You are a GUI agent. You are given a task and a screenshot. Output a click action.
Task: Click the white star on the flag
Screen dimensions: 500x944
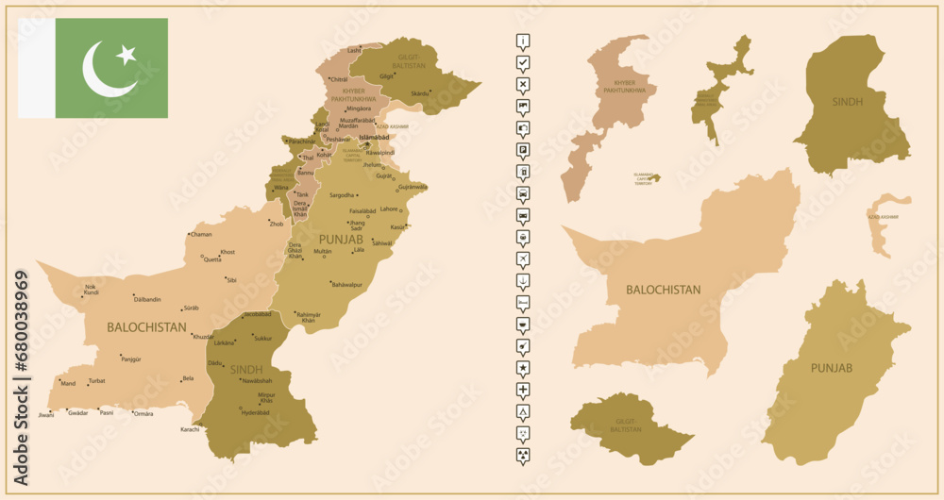[x=126, y=56]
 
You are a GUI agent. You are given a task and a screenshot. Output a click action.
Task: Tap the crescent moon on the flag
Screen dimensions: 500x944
[x=105, y=71]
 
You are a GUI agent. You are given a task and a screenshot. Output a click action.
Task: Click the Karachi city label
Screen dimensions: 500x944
[x=190, y=429]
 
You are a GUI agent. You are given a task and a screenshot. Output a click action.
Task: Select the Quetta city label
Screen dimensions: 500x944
[x=212, y=259]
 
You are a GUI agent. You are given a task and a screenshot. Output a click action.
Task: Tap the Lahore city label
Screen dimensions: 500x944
[x=388, y=208]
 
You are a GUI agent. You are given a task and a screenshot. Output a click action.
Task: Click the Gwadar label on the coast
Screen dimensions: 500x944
[x=79, y=412]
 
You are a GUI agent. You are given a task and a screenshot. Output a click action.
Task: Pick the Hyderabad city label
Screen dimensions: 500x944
[x=256, y=412]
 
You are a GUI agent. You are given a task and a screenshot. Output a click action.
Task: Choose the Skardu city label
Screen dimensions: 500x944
[x=420, y=93]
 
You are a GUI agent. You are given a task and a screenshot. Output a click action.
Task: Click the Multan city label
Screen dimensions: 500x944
[x=323, y=252]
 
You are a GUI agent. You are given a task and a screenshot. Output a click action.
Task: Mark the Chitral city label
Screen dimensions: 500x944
[x=340, y=79]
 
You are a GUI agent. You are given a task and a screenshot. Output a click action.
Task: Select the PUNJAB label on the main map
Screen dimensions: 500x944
[x=341, y=239]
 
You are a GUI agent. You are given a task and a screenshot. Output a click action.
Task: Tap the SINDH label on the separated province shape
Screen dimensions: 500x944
[x=847, y=101]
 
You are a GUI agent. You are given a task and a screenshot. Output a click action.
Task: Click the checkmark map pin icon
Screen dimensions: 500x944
[x=523, y=62]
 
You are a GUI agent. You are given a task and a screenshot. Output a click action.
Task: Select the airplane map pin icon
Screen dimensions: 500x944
[x=523, y=258]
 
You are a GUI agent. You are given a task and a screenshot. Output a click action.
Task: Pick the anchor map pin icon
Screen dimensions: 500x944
[x=523, y=279]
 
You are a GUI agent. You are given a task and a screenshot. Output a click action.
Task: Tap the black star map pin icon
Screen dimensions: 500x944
[x=523, y=367]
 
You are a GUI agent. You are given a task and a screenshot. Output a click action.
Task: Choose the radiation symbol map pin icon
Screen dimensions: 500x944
[x=523, y=455]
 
